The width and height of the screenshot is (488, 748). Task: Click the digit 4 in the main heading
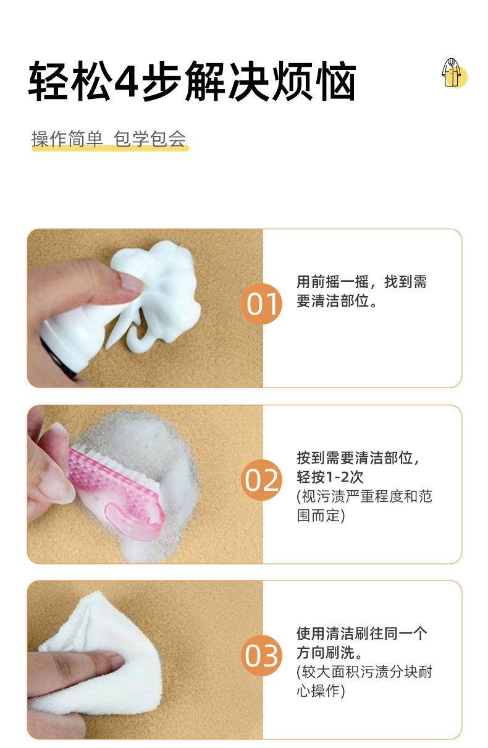coord(126,81)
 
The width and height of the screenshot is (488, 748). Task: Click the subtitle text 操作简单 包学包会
coord(109,140)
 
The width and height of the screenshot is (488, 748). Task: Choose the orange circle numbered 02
coord(261,480)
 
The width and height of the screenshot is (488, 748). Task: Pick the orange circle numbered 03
coord(261,656)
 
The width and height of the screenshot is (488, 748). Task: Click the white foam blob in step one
coord(162,291)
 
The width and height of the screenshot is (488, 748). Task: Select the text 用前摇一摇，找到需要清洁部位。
coord(361,292)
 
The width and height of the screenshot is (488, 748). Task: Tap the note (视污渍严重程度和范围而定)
coord(364,506)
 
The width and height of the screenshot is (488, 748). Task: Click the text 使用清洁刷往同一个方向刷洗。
coord(361,643)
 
